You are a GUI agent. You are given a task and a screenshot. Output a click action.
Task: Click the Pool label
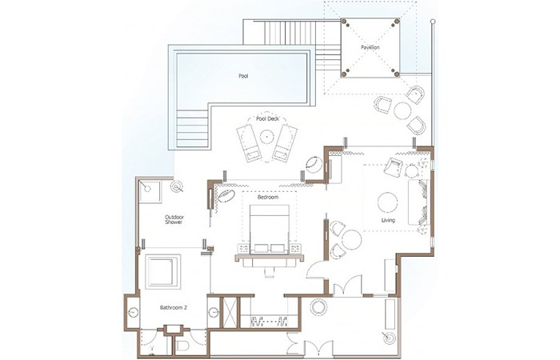[243, 76]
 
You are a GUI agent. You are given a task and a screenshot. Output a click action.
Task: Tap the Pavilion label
[370, 47]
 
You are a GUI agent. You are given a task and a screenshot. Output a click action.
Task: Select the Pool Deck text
[267, 118]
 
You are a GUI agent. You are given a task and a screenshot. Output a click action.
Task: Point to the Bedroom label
[268, 197]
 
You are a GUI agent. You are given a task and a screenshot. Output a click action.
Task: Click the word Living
[388, 220]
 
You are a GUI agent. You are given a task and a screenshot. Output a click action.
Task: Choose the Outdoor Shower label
[174, 219]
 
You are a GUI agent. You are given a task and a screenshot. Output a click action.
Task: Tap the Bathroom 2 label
[174, 307]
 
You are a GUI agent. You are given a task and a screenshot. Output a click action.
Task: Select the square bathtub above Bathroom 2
[163, 272]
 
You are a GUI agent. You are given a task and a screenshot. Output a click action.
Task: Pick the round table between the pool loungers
[266, 136]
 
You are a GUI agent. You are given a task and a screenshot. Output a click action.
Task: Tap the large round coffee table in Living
[388, 202]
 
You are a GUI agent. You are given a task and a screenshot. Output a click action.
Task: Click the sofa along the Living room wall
[418, 202]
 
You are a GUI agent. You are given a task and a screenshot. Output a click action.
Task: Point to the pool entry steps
[192, 128]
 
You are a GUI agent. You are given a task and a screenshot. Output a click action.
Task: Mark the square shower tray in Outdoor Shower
[150, 192]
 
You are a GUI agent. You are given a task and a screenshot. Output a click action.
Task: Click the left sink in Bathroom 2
[134, 312]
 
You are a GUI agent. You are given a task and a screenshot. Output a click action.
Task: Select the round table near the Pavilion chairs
[402, 110]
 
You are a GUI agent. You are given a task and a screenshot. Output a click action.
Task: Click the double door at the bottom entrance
[318, 350]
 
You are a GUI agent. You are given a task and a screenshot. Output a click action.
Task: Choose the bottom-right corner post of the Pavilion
[397, 74]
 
